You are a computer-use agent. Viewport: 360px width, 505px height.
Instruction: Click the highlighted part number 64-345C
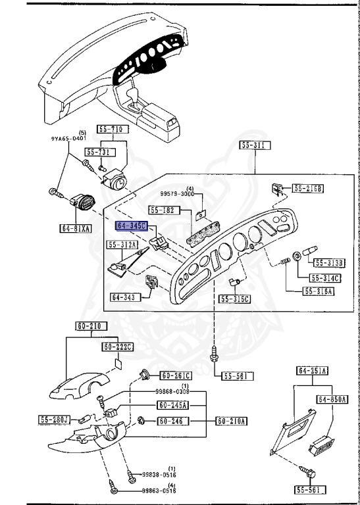(132, 226)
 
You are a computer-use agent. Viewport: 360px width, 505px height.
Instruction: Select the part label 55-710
(111, 130)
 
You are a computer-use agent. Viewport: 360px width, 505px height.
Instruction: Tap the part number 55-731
(97, 153)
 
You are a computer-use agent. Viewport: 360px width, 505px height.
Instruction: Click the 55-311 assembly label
(250, 145)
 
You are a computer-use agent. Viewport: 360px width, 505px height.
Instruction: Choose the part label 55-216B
(308, 189)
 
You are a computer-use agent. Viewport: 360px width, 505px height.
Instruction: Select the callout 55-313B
(329, 263)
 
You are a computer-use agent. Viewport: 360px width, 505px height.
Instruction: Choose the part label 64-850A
(332, 399)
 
